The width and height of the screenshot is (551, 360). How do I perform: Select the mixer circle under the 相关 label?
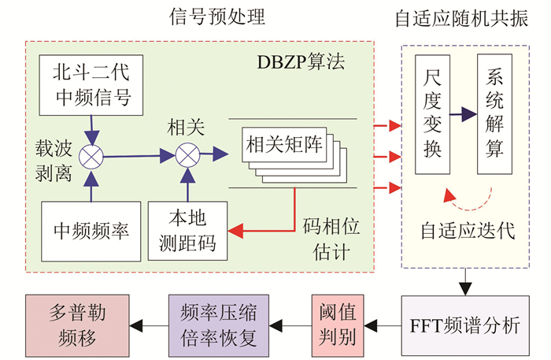187,155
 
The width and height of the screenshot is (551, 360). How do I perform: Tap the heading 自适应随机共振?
470,17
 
